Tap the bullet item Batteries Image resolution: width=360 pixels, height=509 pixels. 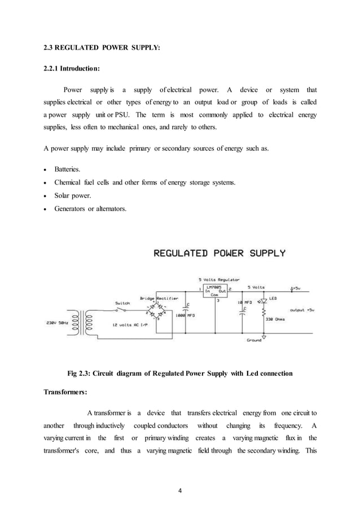click(67, 169)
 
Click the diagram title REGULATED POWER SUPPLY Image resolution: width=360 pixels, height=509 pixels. click(219, 253)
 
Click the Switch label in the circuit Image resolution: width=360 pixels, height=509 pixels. click(123, 302)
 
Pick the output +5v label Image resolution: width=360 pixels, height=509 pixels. click(304, 310)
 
